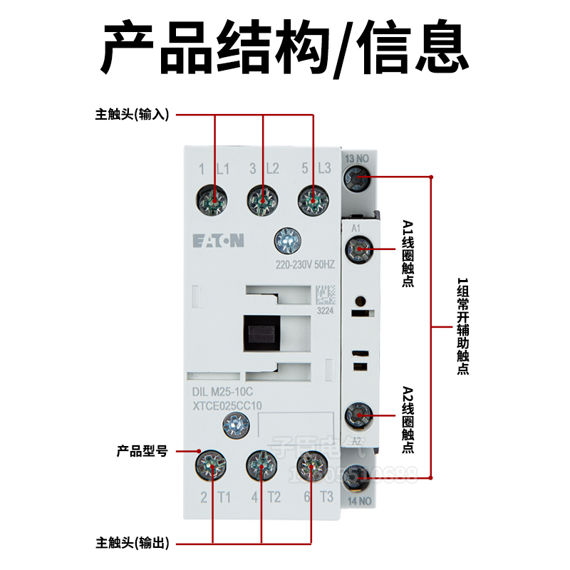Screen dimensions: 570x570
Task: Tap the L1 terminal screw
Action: pos(214,199)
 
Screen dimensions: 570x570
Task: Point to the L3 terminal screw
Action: pos(312,199)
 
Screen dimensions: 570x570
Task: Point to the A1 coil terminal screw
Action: pos(358,249)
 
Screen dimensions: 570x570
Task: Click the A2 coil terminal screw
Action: pos(358,415)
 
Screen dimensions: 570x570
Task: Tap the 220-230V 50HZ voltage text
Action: pos(305,265)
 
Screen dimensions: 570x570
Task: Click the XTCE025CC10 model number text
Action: pos(227,405)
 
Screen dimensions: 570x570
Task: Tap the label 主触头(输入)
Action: pos(132,114)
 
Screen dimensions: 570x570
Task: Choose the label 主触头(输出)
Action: pos(132,544)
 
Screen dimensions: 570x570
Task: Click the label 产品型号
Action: pos(142,451)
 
